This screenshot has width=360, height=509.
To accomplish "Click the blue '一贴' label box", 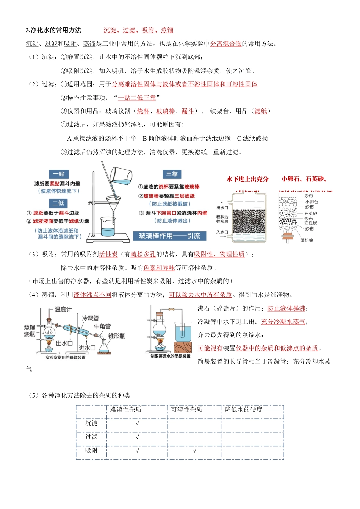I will pyautogui.click(x=59, y=174).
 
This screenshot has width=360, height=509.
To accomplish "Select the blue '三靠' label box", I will pyautogui.click(x=172, y=174).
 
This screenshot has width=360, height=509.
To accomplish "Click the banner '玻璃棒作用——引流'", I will pyautogui.click(x=169, y=236).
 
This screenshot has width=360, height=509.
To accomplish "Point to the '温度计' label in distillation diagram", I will pyautogui.click(x=63, y=309).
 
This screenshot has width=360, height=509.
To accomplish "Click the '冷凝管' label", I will pyautogui.click(x=90, y=318).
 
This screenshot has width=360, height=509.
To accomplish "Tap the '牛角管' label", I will pyautogui.click(x=102, y=326).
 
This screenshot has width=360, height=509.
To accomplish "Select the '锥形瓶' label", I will pyautogui.click(x=116, y=336).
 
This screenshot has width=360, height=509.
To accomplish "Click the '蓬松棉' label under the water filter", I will pyautogui.click(x=307, y=240).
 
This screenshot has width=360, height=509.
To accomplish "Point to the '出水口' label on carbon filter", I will pyautogui.click(x=222, y=208).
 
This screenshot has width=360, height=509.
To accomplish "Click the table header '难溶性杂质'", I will pyautogui.click(x=126, y=409).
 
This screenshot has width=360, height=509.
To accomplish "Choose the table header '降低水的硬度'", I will pyautogui.click(x=244, y=409).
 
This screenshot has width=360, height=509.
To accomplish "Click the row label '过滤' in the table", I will pyautogui.click(x=91, y=437).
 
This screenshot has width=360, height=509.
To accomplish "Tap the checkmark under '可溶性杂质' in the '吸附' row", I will pyautogui.click(x=194, y=450).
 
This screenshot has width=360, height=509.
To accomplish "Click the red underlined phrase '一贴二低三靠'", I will pyautogui.click(x=137, y=98).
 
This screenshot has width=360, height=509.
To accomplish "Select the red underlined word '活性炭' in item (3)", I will pyautogui.click(x=108, y=254).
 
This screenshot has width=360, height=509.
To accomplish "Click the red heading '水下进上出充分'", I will pyautogui.click(x=247, y=179).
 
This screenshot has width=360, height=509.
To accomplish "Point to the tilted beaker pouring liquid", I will pyautogui.click(x=121, y=175).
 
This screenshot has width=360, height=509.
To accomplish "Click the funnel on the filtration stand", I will pyautogui.click(x=113, y=203).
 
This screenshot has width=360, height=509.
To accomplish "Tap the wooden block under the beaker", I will pyautogui.click(x=183, y=347).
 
